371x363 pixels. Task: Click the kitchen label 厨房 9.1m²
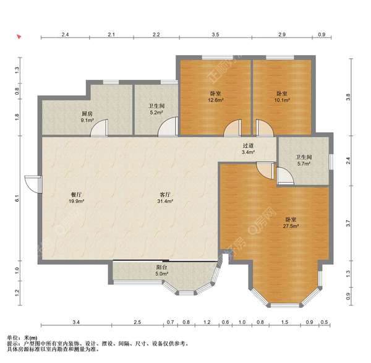[x=87, y=117]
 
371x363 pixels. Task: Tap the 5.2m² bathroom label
[x=156, y=109]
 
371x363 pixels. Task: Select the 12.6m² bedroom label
[x=216, y=97]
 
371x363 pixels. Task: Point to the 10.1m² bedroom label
[x=282, y=97]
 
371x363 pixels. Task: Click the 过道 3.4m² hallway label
[x=248, y=149]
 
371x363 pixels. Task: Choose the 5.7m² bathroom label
[x=304, y=160]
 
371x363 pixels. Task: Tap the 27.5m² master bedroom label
[x=291, y=223]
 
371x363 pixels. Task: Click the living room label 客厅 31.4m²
[x=165, y=198]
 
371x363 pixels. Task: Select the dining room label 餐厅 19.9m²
[x=77, y=198]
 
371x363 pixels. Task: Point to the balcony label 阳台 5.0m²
[x=161, y=270]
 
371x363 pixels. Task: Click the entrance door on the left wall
[x=33, y=184]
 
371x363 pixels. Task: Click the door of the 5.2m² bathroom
[x=168, y=127]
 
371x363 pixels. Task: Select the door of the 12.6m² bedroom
[x=233, y=128]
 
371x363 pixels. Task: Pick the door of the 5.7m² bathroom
[x=285, y=176]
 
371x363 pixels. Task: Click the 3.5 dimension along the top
[x=215, y=35]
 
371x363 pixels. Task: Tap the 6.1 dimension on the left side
[x=17, y=198]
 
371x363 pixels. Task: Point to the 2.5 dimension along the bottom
[x=137, y=322]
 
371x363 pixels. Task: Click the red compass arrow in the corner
[x=19, y=36]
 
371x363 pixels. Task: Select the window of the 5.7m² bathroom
[x=331, y=162]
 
